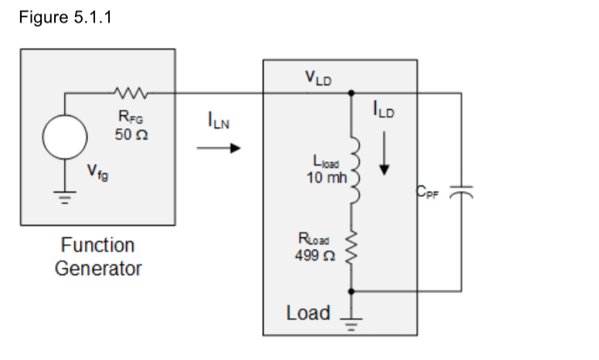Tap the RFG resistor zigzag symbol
click(x=125, y=93)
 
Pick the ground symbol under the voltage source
click(x=65, y=197)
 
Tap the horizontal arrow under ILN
click(x=213, y=149)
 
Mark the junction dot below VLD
click(x=352, y=93)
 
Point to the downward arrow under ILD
click(x=384, y=159)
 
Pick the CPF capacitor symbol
click(x=461, y=192)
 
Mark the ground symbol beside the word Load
click(x=352, y=320)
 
